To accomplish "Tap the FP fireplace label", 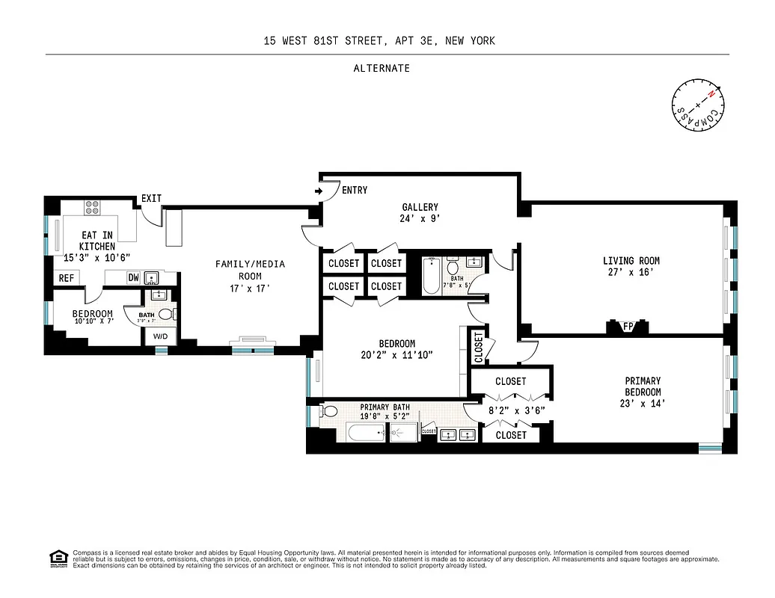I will tap(627, 326).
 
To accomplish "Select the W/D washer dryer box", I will tap(161, 336).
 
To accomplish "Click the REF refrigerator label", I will tap(66, 278).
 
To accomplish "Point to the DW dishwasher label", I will tap(134, 278).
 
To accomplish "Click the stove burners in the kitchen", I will tap(92, 207).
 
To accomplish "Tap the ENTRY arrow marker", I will tap(319, 191).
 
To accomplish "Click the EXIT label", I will tap(151, 198).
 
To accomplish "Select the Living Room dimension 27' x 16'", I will tap(631, 274).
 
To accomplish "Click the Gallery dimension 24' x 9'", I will tap(419, 220).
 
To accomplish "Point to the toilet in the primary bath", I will tap(328, 412).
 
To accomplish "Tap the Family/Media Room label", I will tap(250, 270).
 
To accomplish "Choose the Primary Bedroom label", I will tap(643, 386).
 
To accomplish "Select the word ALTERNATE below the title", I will tap(382, 68).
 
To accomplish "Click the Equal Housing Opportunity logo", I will tap(57, 558).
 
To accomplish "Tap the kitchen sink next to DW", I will tap(151, 278).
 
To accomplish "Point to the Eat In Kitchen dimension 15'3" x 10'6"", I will tap(98, 257).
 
